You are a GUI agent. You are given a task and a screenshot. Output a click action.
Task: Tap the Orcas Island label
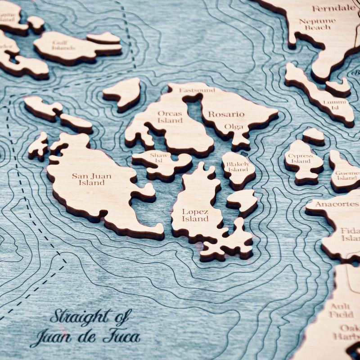[170, 117]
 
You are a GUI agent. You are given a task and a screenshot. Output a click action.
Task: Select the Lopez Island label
[195, 215]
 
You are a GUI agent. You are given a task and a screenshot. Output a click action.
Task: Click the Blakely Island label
[237, 168]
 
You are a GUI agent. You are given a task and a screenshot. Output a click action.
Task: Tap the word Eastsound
[197, 90]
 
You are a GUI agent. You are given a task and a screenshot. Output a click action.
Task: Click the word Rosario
[226, 114]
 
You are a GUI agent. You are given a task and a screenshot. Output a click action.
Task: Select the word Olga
[234, 126]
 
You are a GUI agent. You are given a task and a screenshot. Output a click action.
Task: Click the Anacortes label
[331, 204]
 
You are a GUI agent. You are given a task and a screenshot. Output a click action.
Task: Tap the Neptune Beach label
[317, 24]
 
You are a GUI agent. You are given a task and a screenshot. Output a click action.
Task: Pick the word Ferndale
[333, 8]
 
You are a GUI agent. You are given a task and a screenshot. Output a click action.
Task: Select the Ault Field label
[341, 310]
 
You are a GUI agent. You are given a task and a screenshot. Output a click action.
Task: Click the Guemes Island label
[347, 174]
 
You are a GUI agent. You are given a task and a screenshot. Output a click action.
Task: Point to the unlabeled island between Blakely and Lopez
[243, 200]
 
